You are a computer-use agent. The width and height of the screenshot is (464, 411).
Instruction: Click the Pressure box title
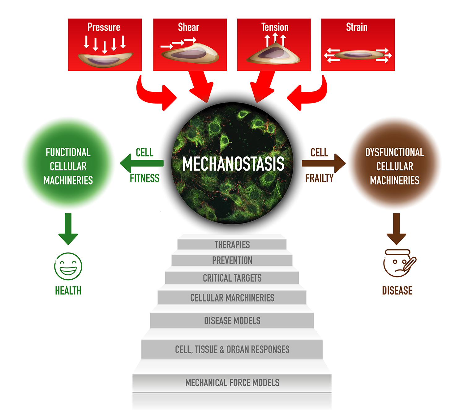tap(104, 27)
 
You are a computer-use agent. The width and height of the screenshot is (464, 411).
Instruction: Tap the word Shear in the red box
tap(188, 27)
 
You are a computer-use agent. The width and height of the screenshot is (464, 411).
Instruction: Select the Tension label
tap(275, 27)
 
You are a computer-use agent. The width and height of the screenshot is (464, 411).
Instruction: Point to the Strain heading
tap(357, 27)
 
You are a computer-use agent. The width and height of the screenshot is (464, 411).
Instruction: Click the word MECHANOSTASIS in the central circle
tap(233, 164)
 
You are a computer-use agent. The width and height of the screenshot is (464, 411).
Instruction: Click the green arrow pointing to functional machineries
tap(142, 163)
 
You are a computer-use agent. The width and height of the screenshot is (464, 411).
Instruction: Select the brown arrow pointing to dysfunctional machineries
tap(324, 163)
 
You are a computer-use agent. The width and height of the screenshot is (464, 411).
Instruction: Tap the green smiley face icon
tap(68, 266)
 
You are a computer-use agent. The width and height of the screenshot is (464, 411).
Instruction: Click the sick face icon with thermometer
tap(398, 263)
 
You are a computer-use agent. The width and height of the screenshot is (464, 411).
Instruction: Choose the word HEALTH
tap(68, 290)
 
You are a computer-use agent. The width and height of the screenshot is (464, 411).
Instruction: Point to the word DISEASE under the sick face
tap(397, 290)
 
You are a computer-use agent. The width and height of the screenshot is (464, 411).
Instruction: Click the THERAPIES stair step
tap(232, 245)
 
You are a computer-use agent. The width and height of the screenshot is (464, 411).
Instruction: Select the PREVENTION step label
tap(232, 261)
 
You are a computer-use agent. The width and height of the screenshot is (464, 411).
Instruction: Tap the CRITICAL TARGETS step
tap(232, 278)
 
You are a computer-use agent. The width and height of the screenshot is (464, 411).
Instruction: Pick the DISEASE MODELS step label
tap(232, 321)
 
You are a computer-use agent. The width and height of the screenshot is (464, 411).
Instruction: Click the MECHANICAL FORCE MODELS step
tap(232, 383)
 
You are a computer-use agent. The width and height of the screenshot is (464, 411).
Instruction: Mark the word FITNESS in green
tap(144, 178)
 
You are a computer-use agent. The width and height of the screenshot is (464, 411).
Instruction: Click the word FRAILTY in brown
tap(319, 178)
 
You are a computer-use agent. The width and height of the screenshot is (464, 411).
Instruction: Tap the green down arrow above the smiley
tap(68, 229)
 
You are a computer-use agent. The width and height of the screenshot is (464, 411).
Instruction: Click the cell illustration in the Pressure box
tap(105, 59)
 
